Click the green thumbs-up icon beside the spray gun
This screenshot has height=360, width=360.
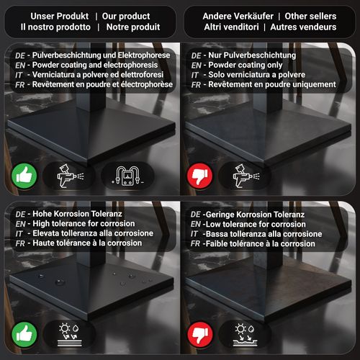coord(24,176)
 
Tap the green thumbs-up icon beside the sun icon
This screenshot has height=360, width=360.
coord(24,334)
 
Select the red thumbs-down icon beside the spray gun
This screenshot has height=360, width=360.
coord(199,176)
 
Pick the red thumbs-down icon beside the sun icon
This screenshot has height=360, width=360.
coord(200,334)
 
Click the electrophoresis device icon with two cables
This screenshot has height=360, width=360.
coord(128,176)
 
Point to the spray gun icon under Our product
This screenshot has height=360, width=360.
coord(71,176)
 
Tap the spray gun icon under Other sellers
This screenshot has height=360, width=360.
coord(246,176)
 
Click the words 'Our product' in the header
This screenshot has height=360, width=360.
coord(126,17)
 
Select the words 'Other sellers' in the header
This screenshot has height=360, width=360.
coord(310,17)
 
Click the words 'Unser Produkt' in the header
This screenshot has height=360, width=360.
coord(60,17)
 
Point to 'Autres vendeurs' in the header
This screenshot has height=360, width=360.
coord(303,27)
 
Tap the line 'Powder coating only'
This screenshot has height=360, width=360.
coord(246,65)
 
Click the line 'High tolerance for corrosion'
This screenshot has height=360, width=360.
coord(84,224)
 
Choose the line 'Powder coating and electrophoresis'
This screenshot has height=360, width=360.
coord(95,65)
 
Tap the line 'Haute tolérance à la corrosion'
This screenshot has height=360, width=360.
coord(87,243)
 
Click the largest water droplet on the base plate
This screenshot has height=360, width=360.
coord(59,282)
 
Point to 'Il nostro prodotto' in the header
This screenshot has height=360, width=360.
coord(55,27)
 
